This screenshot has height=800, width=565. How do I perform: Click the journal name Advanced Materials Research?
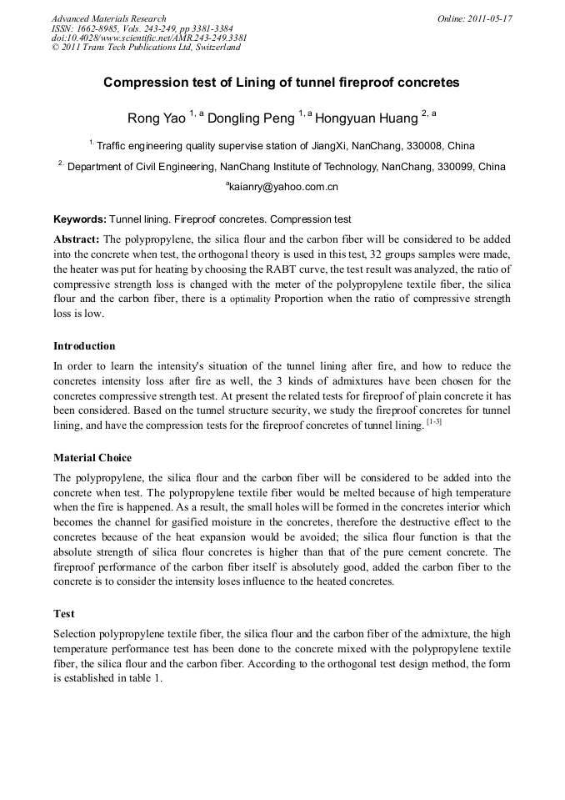pos(108,18)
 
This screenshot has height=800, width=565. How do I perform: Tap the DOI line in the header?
pos(149,38)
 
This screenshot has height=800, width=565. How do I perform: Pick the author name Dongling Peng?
pos(251,118)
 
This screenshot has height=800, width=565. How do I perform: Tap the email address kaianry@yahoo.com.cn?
pos(283,188)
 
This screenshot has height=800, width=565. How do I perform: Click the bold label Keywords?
pos(80,220)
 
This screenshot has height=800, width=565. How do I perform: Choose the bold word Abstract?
pos(77,239)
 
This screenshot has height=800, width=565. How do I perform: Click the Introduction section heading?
pos(84,346)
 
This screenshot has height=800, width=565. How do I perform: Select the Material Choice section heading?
pos(92,458)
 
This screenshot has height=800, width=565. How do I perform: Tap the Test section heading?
pos(64,614)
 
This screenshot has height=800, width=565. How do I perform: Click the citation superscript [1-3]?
pos(433,423)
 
